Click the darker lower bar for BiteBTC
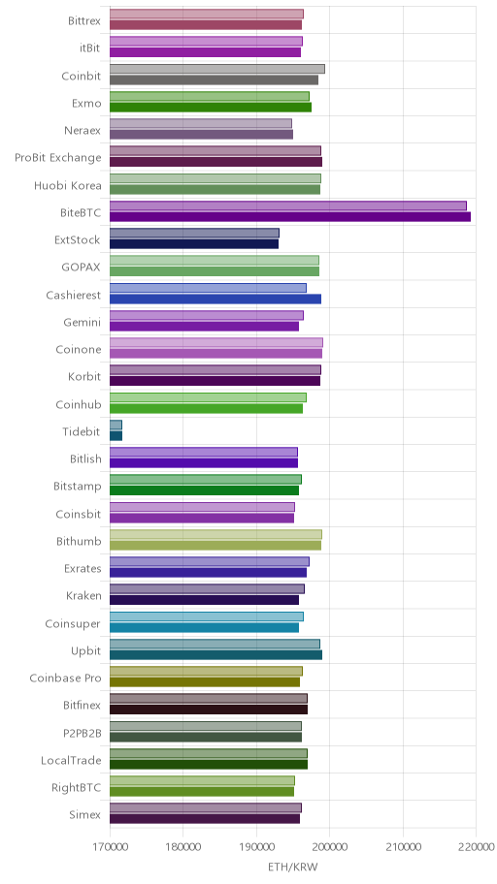tap(289, 216)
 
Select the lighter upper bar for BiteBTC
tap(288, 205)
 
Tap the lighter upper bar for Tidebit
tap(116, 426)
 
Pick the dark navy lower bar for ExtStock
tap(194, 244)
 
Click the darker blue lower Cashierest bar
tap(215, 299)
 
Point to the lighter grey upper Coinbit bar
tap(216, 69)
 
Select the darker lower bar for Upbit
tap(215, 655)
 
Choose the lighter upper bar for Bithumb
tap(215, 534)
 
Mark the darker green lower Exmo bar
tap(210, 108)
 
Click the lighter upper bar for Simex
tap(206, 808)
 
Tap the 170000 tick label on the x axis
tap(110, 847)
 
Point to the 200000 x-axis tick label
tap(329, 847)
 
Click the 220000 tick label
tap(476, 847)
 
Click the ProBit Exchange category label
tap(58, 158)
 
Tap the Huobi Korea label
tap(68, 185)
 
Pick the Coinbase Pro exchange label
tap(65, 679)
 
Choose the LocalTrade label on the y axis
tap(71, 761)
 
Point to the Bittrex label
tap(84, 21)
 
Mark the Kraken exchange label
tap(83, 596)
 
